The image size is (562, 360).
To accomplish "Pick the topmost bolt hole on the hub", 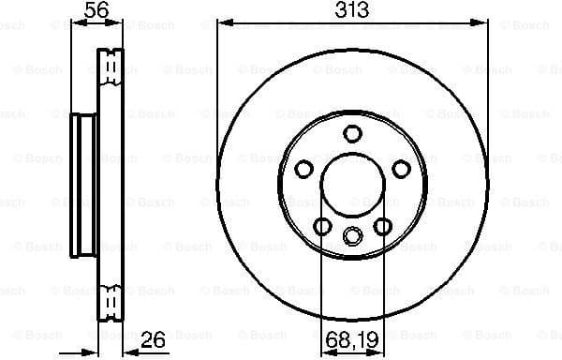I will point(353,132).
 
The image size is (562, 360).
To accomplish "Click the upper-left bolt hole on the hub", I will point(304,168).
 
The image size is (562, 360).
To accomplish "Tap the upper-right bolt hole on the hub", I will point(402,168).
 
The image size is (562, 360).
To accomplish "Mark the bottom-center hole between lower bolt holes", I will point(353,235).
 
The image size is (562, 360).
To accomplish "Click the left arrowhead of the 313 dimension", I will point(222,24).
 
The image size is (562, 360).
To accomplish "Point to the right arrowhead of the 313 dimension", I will point(484,24).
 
